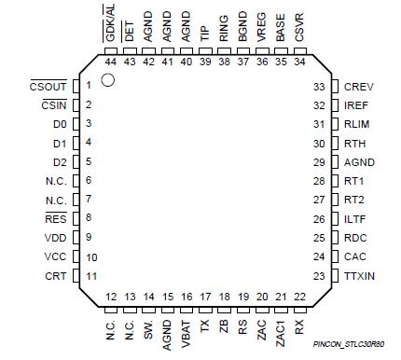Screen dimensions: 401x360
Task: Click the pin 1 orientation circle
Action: coord(108,82)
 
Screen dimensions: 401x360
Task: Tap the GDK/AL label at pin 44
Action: coord(110,21)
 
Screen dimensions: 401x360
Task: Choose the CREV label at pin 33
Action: coord(358,86)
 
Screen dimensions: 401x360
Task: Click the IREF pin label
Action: coord(357,105)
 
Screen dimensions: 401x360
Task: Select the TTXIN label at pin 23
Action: coord(360,275)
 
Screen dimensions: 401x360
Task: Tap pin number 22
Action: coord(299,296)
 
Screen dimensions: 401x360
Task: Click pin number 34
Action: coord(299,62)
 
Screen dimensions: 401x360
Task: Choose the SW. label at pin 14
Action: coord(148,331)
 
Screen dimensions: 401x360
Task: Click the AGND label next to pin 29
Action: coord(359,161)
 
